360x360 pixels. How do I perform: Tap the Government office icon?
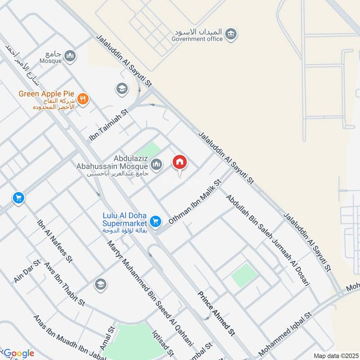point(232,33)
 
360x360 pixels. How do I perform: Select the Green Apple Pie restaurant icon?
point(82,99)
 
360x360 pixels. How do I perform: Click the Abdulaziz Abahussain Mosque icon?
point(157,165)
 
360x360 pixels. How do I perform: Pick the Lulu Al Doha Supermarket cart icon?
point(156,221)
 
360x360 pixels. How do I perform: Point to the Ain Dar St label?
point(27,271)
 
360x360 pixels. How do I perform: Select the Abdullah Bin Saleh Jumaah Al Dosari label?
point(268,241)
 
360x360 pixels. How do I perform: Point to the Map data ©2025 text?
point(335,355)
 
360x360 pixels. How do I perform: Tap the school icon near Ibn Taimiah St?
point(121,89)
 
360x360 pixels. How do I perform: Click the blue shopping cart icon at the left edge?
point(18,198)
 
